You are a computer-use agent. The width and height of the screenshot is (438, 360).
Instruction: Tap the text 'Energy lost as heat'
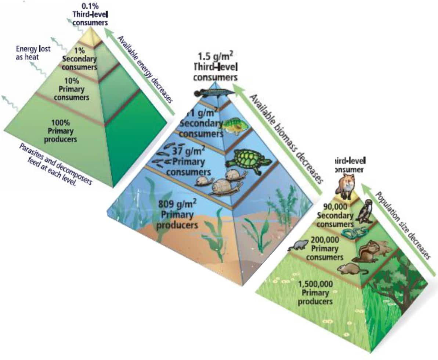(33, 52)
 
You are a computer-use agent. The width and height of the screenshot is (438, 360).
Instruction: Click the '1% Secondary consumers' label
(79, 58)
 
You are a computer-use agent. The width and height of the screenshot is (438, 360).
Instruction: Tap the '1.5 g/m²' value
(216, 57)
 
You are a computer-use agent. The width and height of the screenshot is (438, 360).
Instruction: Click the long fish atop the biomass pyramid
(215, 93)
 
